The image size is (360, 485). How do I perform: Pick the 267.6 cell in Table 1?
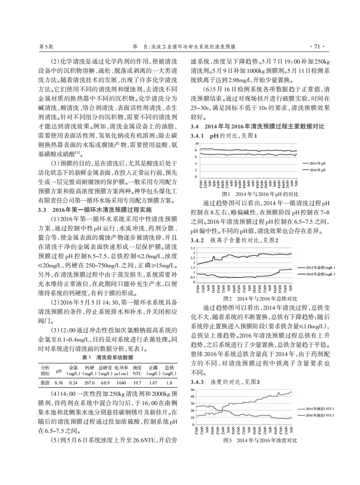90,383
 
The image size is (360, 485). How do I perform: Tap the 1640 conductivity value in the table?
121,383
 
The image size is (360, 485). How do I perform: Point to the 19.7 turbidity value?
137,383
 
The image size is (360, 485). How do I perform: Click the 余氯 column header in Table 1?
73,368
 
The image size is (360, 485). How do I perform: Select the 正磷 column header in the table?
153,368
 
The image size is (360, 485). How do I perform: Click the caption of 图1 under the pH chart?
260,194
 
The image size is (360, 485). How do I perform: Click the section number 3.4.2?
198,241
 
